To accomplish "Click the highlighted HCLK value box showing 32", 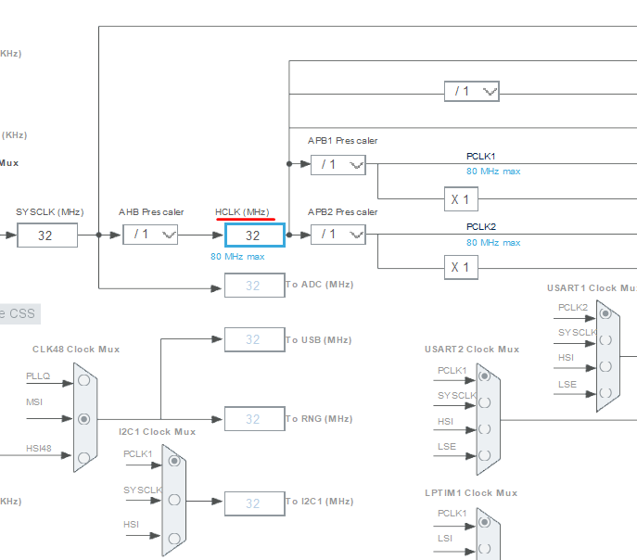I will [253, 235].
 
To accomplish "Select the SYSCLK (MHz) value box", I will [45, 235].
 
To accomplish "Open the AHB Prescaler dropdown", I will [150, 235].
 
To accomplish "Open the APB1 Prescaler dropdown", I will [338, 164].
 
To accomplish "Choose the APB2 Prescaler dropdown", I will [338, 235].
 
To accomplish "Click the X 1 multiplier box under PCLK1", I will [460, 199].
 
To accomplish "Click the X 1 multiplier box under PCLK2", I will [460, 268].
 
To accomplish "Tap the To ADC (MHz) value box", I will [253, 286].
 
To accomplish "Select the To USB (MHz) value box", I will [253, 340].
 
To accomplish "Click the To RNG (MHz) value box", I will [253, 419].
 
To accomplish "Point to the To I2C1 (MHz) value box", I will [253, 503].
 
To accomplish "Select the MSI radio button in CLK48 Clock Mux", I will [85, 418].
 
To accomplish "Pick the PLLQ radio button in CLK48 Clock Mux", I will [85, 379].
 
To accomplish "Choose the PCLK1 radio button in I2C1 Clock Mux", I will [173, 462].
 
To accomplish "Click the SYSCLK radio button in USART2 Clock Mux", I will [485, 403].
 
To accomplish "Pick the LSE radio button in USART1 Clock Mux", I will [605, 392].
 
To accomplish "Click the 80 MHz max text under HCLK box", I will [237, 257].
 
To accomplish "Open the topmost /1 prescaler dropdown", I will [471, 91].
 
